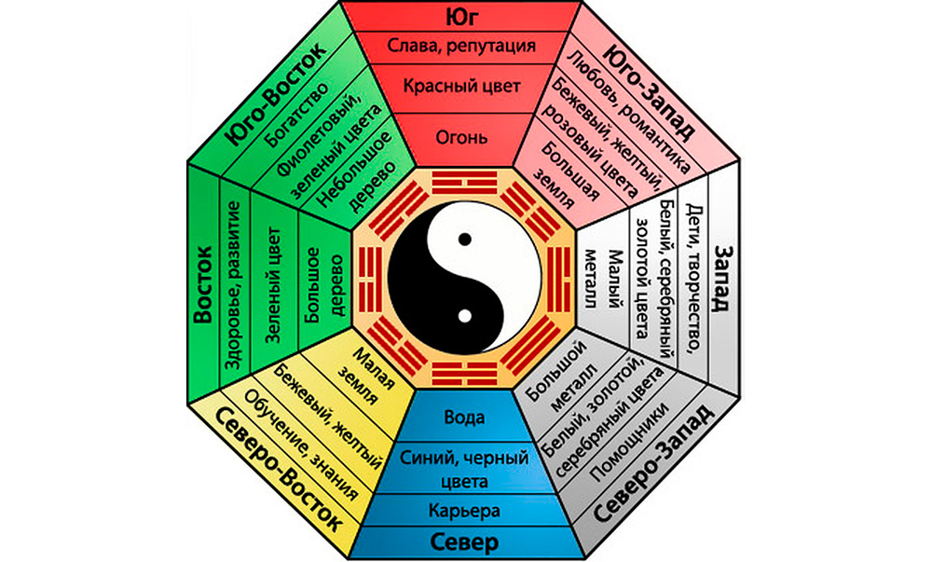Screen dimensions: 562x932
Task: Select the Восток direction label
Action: pos(203,285)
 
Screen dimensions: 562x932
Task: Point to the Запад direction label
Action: pos(728,279)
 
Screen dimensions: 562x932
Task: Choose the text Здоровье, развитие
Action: pos(235,285)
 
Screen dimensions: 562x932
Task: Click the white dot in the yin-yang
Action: pos(463,319)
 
